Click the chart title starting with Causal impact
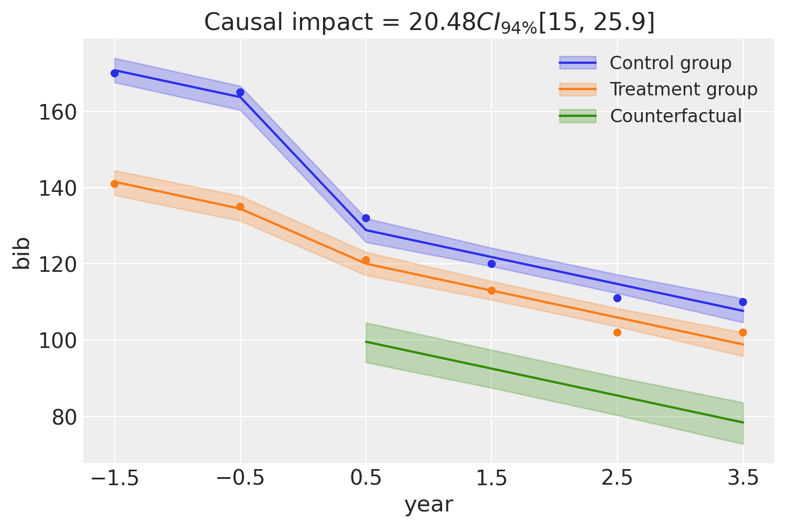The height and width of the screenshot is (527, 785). (429, 23)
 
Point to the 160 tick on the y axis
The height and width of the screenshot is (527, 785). (57, 113)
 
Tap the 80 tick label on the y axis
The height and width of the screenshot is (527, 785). (63, 417)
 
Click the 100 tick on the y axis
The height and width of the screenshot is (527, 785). (57, 341)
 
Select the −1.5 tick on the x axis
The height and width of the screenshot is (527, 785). (114, 478)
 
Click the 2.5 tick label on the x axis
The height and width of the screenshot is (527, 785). (617, 478)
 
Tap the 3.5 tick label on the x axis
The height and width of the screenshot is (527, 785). (743, 478)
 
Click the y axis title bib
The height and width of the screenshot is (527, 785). (23, 253)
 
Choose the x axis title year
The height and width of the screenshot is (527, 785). (429, 504)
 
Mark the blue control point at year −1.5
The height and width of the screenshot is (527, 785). (114, 73)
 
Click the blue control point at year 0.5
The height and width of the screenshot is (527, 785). (366, 218)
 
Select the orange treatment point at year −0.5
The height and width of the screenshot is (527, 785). (240, 207)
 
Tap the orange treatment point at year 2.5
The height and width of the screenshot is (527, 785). (617, 332)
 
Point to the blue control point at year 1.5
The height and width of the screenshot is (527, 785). (491, 264)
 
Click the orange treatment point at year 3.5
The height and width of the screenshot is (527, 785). (743, 332)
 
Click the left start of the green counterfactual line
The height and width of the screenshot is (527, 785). (366, 342)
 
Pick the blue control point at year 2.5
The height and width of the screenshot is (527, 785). (617, 298)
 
